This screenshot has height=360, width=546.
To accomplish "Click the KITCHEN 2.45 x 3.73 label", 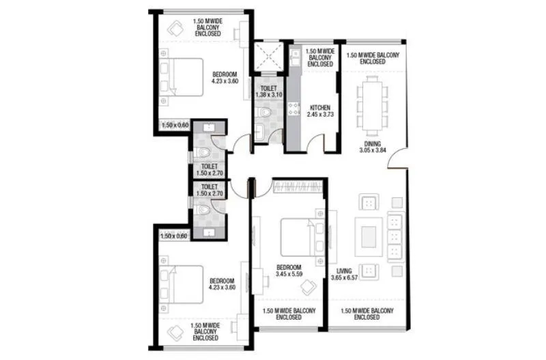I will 320,112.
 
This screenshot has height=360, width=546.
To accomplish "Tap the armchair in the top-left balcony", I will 175,29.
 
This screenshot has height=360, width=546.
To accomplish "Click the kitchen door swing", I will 314,143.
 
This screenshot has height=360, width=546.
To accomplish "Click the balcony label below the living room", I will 367,314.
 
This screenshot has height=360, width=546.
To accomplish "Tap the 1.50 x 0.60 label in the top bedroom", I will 173,125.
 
